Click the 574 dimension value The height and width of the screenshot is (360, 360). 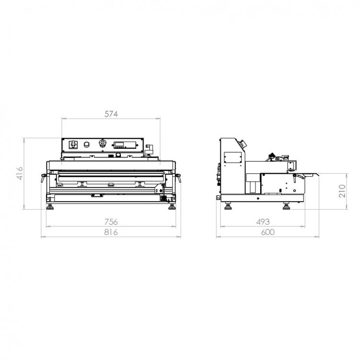pos(111,114)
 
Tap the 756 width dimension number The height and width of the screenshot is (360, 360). pos(111,222)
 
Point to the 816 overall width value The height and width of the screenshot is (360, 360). pos(111,232)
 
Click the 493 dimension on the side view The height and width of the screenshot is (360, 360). pos(263,222)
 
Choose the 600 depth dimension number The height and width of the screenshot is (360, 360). pos(268,232)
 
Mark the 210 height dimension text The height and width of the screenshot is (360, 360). pos(342,191)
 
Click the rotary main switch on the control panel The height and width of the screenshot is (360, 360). pos(73,144)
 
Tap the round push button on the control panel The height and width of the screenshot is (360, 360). pos(86,144)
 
